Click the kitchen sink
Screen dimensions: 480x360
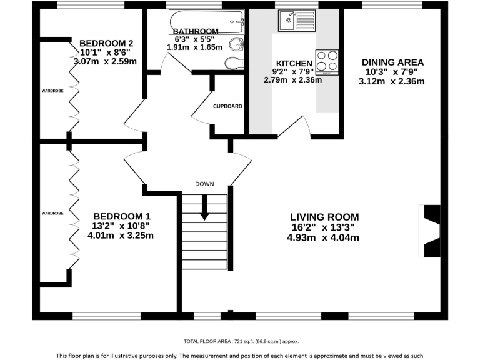297,21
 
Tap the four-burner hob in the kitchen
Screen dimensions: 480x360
327,62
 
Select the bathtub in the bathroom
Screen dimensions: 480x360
207,22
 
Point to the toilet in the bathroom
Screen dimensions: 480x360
234,63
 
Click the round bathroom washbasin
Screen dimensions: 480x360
236,45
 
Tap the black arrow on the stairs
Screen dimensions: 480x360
204,207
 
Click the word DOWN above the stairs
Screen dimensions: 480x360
204,184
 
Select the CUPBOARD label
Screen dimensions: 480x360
227,106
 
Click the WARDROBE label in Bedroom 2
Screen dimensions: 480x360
52,91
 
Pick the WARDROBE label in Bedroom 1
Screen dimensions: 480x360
52,213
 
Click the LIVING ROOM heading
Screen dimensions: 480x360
324,217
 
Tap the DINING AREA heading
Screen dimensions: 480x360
392,62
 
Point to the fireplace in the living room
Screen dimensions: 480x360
430,231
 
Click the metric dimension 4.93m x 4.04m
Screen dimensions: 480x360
323,237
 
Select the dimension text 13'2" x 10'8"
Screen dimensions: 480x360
121,226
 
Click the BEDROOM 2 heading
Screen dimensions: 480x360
106,43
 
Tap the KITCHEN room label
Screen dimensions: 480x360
294,63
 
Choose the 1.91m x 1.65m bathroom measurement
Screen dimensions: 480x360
194,47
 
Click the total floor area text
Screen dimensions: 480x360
241,341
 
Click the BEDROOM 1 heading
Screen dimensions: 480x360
122,216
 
